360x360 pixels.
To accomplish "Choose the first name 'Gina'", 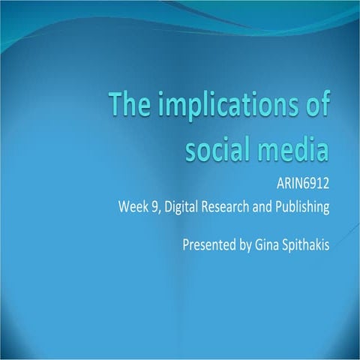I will (268, 244).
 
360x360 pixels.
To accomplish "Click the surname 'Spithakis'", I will (307, 244).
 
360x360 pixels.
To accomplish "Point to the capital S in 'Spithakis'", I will (288, 244).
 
